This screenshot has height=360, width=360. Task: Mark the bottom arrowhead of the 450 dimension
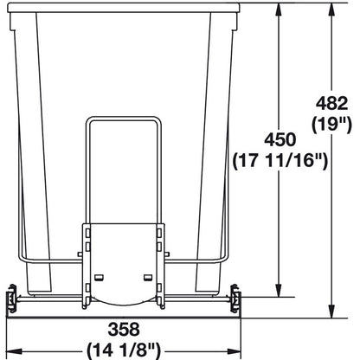coord(279,292)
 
